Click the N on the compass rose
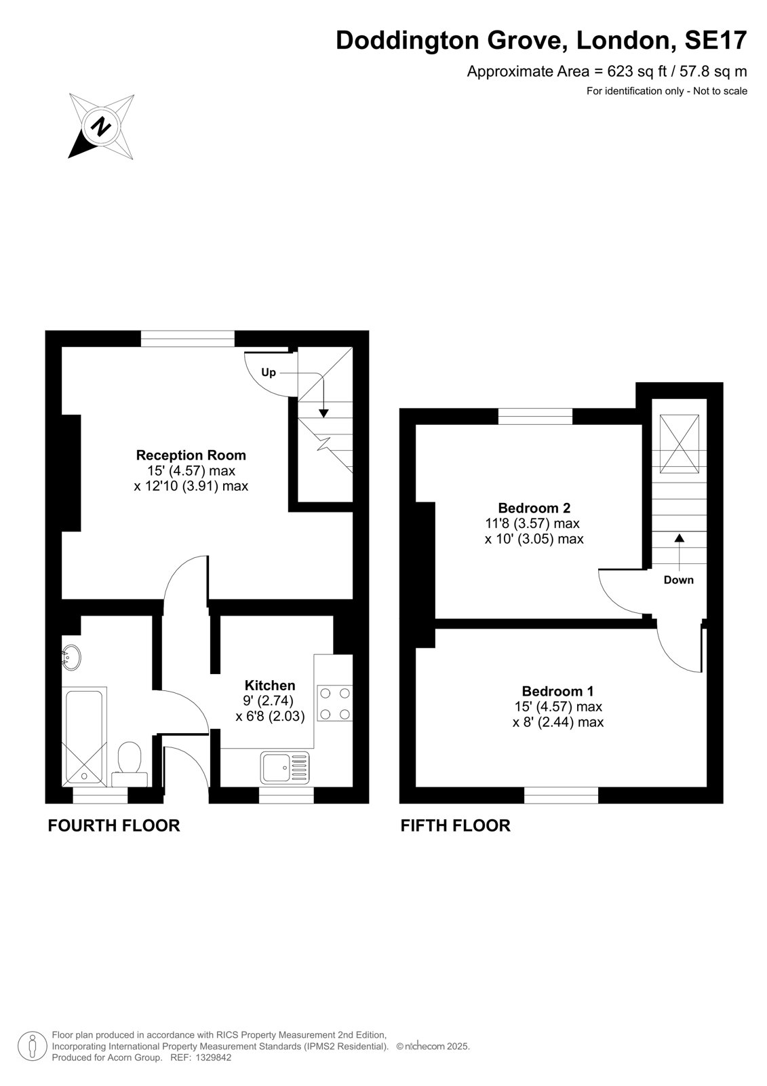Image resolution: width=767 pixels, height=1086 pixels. (x=101, y=126)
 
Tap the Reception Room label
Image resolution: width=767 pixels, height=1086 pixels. (x=191, y=455)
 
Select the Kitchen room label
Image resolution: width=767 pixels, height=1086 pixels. (x=270, y=686)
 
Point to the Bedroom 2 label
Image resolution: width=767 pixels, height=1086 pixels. (x=534, y=508)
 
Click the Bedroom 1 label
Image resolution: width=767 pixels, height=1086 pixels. (x=557, y=691)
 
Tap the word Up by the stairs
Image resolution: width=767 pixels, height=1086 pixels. (x=269, y=373)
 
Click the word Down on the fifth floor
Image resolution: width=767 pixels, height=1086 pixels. (x=678, y=580)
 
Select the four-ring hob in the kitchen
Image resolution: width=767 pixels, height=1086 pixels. (x=334, y=703)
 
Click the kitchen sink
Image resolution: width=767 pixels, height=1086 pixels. (x=285, y=768)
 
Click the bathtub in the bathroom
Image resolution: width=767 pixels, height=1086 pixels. (x=84, y=736)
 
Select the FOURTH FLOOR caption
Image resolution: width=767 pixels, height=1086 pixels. (x=114, y=825)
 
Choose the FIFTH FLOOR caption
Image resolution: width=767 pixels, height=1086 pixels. (x=456, y=825)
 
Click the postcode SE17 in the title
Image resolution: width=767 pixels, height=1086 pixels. (x=715, y=40)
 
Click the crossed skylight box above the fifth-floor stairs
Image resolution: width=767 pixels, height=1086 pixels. (x=680, y=443)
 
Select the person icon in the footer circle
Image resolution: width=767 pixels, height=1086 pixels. (x=32, y=1045)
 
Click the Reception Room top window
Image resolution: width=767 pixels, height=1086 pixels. (x=187, y=339)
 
